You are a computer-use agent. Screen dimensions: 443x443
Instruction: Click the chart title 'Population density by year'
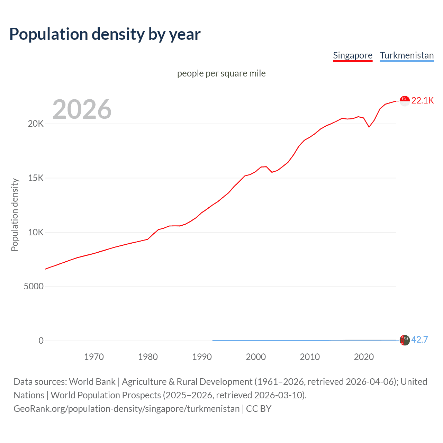[105, 34]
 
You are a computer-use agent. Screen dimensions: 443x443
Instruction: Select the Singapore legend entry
[352, 55]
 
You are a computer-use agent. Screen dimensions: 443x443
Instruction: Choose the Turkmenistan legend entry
[407, 55]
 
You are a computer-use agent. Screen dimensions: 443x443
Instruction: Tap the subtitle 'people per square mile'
[221, 73]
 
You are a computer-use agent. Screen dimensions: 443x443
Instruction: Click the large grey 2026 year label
[82, 109]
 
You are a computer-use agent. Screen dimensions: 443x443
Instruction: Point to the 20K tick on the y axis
[36, 124]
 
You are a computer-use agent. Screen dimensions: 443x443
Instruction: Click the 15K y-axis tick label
[36, 178]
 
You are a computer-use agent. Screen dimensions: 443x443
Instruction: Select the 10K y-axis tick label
[36, 232]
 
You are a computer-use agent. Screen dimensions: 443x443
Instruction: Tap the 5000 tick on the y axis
[34, 287]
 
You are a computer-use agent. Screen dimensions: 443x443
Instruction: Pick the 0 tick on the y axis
[41, 341]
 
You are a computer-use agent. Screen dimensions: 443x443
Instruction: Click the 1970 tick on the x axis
[94, 357]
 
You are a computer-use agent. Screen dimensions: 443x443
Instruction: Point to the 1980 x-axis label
[148, 357]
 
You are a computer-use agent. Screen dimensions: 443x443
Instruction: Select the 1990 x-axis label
[202, 357]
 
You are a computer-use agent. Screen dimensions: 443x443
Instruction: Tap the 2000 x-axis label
[256, 357]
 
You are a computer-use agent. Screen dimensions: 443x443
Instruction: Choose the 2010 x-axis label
[310, 357]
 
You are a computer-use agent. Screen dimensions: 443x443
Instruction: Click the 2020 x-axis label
[364, 357]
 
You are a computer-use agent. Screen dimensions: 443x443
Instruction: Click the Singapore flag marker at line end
[405, 101]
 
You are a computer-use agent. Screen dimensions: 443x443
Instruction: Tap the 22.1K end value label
[422, 101]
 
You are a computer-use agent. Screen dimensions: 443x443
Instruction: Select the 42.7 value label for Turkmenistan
[419, 340]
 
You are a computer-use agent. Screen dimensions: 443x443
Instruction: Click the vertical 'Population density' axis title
[15, 215]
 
